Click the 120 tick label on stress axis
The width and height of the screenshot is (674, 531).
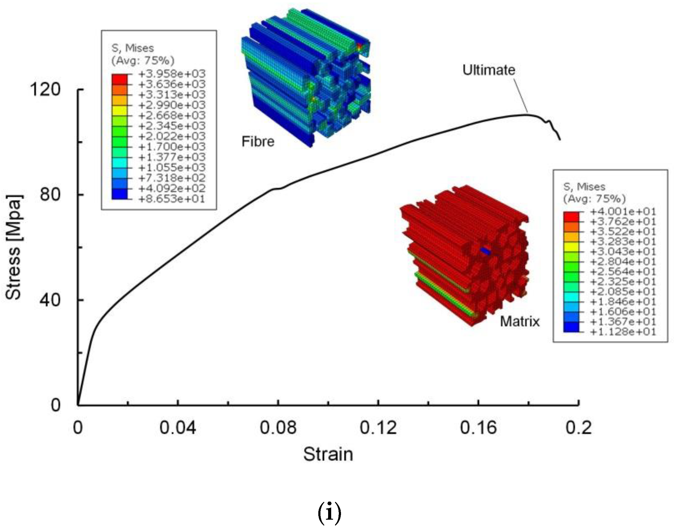[45, 89]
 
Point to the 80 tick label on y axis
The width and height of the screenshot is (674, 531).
[50, 195]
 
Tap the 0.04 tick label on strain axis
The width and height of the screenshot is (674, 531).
[177, 427]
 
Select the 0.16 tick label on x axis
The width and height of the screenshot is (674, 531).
[478, 427]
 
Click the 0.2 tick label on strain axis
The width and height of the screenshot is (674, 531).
[578, 427]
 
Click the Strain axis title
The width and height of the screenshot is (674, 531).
[328, 454]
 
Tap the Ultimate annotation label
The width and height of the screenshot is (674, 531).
[488, 70]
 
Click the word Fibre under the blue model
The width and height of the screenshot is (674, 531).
[258, 142]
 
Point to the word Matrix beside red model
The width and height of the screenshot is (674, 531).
[520, 321]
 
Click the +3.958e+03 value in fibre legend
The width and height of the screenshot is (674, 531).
[172, 74]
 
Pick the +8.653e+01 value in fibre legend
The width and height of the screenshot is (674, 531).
[172, 199]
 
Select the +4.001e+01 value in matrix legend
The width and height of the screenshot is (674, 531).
[623, 212]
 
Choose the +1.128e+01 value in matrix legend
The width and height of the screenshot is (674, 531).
[623, 332]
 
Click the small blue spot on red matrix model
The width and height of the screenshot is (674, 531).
[485, 251]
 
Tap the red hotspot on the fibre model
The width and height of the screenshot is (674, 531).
[360, 47]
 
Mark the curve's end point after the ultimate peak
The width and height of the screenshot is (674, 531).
[560, 140]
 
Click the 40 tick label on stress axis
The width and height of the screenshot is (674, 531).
[50, 300]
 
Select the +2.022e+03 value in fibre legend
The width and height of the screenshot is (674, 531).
[172, 136]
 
